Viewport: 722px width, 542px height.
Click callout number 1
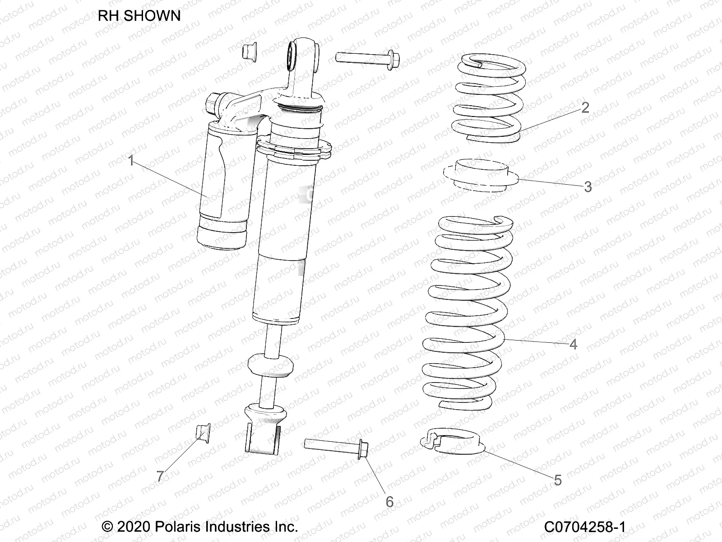(x=131, y=161)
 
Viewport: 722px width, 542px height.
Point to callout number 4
(x=573, y=344)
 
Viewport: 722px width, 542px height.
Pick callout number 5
(x=558, y=480)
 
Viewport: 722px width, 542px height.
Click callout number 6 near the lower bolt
(x=389, y=502)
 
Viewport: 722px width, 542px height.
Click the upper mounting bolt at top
(x=368, y=59)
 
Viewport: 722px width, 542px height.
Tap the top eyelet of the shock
(x=303, y=55)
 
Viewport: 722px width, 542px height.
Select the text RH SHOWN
(x=139, y=16)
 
